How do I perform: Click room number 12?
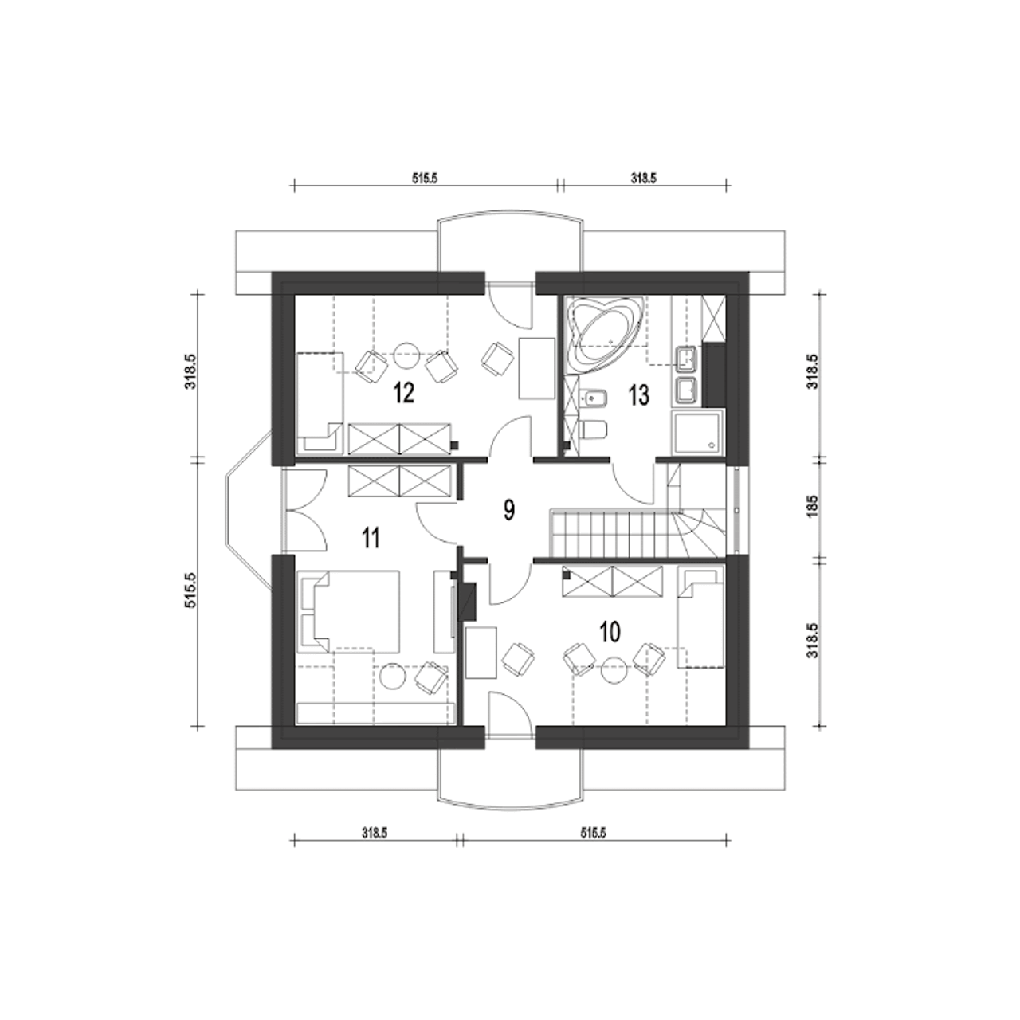point(403,394)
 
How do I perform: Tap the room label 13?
point(639,395)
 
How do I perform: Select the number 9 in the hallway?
point(508,510)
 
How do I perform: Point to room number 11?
point(371,539)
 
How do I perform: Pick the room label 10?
point(610,632)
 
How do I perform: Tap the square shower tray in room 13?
point(697,431)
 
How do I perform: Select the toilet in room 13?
point(594,430)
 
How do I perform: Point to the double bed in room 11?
point(348,611)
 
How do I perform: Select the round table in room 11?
point(394,676)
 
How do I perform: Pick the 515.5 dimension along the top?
point(425,178)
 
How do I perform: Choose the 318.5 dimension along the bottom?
point(375,833)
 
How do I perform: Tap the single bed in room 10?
point(700,618)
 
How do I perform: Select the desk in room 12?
point(536,369)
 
